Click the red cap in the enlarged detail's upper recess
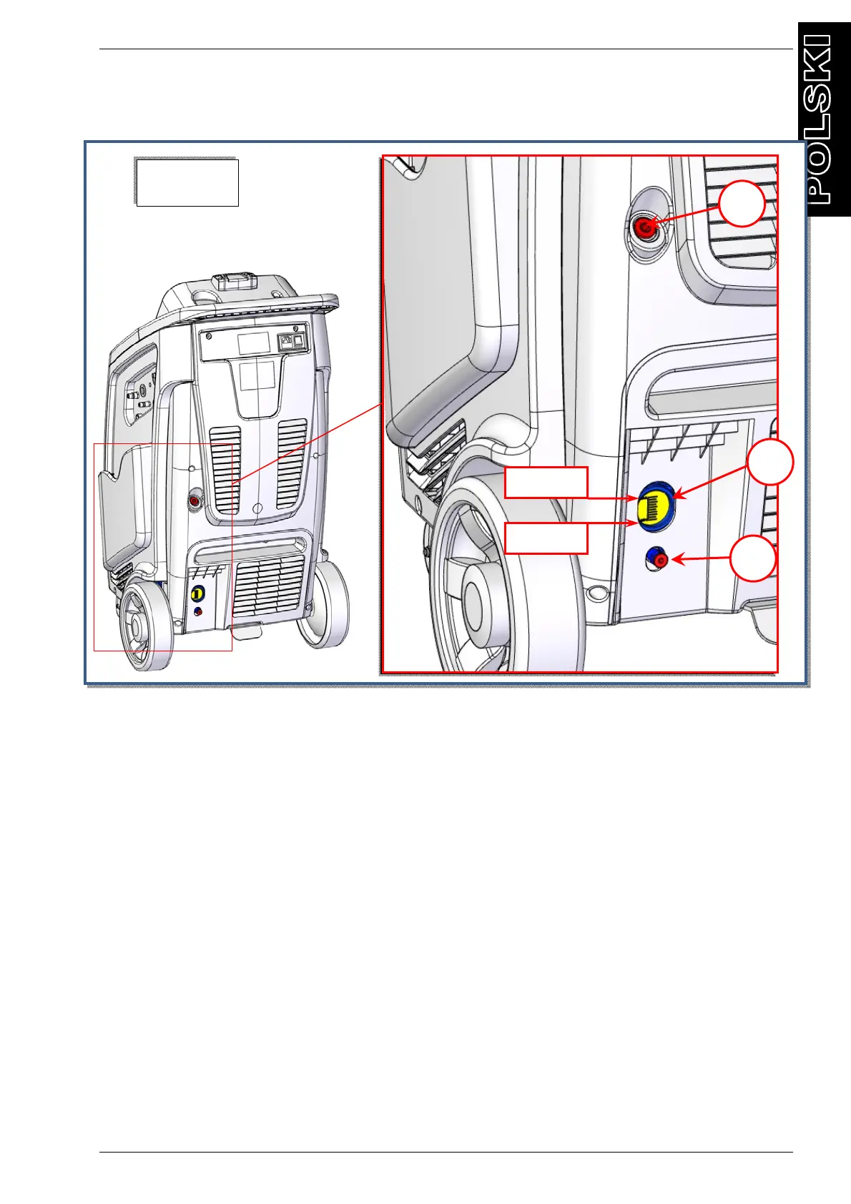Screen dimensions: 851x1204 (644, 227)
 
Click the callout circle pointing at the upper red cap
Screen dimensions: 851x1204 (742, 204)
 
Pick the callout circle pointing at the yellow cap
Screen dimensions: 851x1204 (770, 463)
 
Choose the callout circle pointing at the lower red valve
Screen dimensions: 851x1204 (753, 558)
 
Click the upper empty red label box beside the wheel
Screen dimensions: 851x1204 (546, 482)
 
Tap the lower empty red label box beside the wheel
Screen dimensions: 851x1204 (546, 538)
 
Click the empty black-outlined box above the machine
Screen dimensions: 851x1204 (187, 182)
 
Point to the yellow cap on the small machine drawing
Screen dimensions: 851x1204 (197, 593)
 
